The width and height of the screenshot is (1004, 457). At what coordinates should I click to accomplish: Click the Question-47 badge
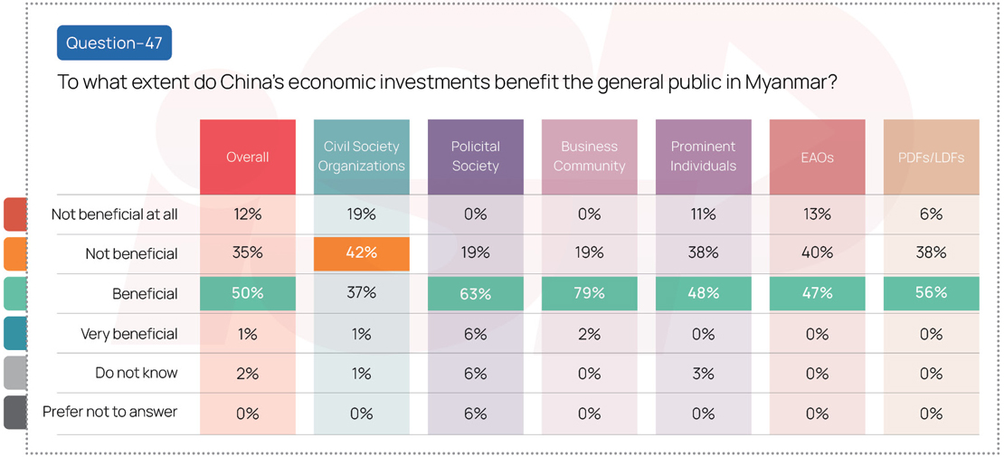(114, 43)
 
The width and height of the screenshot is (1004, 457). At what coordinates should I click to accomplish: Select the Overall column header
(248, 157)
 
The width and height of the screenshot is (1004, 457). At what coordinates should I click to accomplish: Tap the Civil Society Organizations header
(361, 157)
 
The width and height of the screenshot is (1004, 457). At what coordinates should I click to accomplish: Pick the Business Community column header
(589, 157)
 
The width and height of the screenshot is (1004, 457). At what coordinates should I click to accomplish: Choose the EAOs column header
(817, 157)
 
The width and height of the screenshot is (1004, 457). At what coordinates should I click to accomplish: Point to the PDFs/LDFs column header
(931, 157)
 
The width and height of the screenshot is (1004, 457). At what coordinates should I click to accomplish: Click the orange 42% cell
(361, 253)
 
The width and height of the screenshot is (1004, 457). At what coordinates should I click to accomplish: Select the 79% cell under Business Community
(589, 293)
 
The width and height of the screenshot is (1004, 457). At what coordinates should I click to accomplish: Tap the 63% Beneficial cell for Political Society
(475, 293)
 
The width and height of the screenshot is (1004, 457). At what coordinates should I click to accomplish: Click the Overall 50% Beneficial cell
(248, 293)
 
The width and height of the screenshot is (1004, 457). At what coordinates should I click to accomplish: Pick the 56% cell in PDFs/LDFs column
(931, 293)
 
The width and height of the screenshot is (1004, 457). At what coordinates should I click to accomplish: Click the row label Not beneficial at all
(114, 214)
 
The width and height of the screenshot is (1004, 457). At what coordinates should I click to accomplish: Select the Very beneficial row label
(129, 334)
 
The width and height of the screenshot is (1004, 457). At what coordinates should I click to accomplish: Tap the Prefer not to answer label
(109, 412)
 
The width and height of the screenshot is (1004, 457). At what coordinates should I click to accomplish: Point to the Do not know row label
(137, 373)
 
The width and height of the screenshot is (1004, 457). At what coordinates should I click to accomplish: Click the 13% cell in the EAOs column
(817, 214)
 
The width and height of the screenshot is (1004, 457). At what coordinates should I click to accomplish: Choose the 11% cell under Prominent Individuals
(703, 214)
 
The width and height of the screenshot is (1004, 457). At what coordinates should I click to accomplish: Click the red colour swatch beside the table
(15, 214)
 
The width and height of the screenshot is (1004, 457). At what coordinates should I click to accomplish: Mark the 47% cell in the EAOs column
(817, 293)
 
